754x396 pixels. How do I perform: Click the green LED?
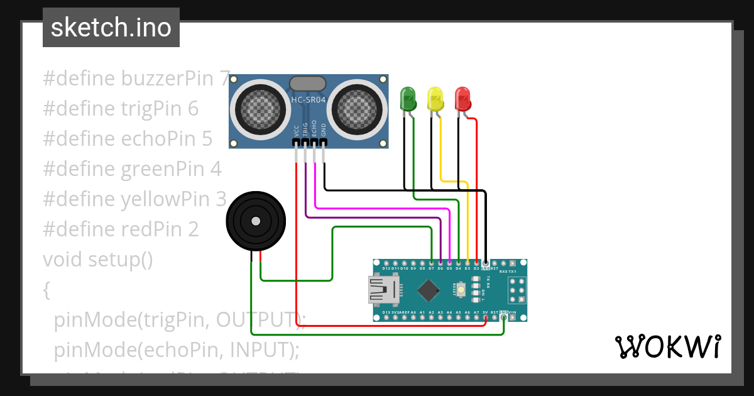coord(408,100)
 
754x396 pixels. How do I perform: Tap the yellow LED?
coord(435,100)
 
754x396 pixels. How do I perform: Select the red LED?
coord(462,100)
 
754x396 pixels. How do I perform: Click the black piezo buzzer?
coord(255,221)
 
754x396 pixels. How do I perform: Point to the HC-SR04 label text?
coord(308,100)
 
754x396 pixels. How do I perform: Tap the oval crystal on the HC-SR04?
coord(307,84)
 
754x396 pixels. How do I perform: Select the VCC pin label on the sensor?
coord(297,130)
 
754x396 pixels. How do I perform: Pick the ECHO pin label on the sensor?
coord(314,129)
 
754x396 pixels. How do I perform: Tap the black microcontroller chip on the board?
coord(429,290)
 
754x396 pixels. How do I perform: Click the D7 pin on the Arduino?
coord(432,262)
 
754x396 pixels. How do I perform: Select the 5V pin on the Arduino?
coord(486,318)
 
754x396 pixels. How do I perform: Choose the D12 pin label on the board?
coord(386,268)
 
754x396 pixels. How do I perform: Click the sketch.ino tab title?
coord(111,28)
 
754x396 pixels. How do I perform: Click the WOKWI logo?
coord(667,346)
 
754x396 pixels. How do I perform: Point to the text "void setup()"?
coord(97,259)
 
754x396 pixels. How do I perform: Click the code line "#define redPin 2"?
coord(121,229)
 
